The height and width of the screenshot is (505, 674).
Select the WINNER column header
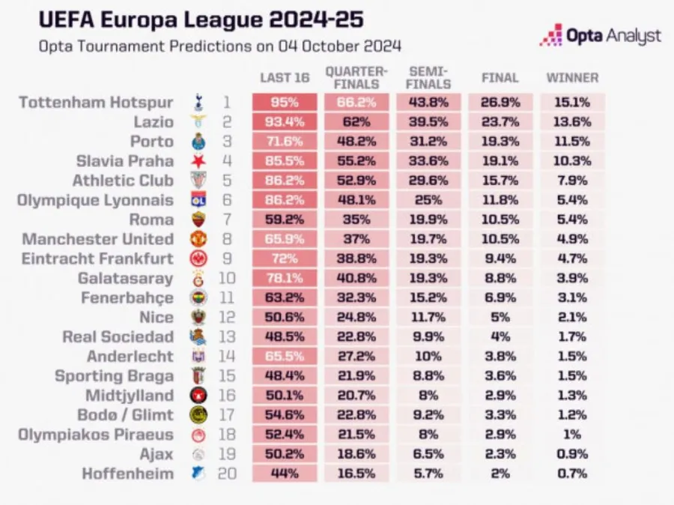click(x=572, y=77)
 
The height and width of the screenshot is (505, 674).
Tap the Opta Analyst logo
click(x=601, y=35)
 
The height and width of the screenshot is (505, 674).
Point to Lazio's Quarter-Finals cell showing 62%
click(x=356, y=122)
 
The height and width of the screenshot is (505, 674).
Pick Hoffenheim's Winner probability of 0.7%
click(x=572, y=474)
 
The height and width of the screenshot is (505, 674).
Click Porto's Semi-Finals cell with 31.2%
click(x=429, y=142)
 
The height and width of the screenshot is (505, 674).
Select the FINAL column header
click(x=500, y=77)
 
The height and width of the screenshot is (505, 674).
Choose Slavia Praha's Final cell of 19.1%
click(x=500, y=161)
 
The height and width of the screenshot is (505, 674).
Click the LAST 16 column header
click(x=284, y=77)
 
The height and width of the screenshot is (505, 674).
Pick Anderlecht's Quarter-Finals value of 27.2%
click(x=356, y=356)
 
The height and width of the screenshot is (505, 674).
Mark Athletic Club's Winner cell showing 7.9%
click(x=572, y=181)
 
